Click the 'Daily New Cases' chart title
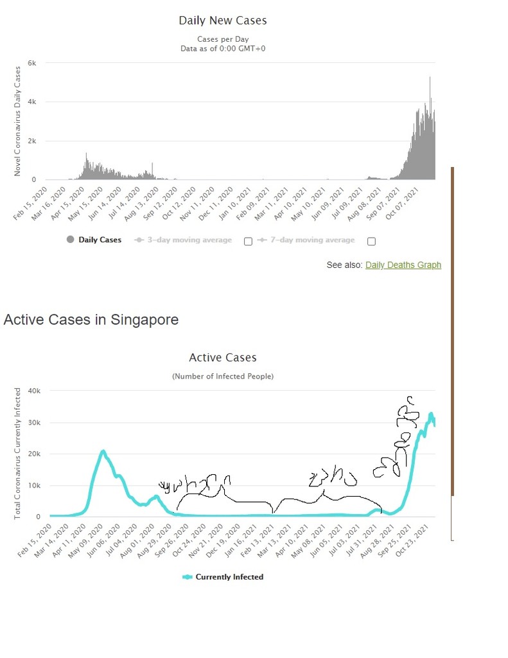coord(223,21)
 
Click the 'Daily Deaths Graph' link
coord(403,265)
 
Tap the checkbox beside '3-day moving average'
coord(248,241)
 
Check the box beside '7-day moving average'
coord(371,241)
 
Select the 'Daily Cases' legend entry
coord(93,240)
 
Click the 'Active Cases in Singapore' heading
coord(91,319)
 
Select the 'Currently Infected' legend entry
coord(223,577)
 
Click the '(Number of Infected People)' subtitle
coord(223,376)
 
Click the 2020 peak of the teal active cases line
coord(103,451)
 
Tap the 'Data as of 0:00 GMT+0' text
coord(223,48)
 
